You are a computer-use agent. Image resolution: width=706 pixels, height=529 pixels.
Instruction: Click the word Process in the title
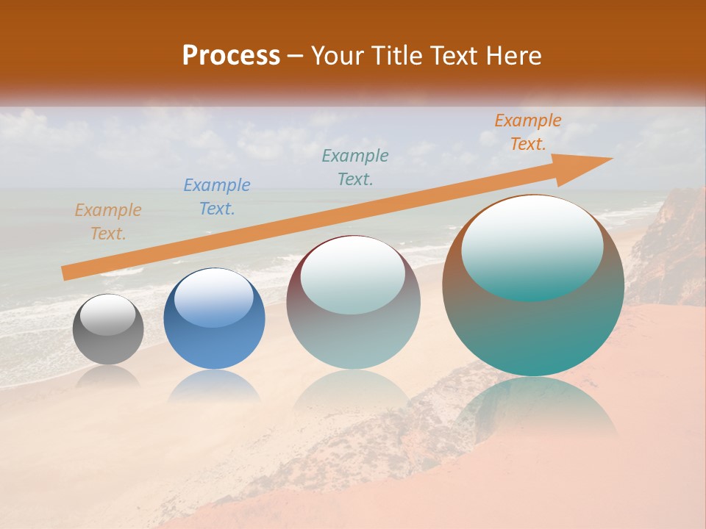(231, 56)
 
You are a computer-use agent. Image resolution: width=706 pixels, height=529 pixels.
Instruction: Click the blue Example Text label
(216, 197)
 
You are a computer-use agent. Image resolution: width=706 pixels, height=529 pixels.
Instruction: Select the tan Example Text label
(108, 222)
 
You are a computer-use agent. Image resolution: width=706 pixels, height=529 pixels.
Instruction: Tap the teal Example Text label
(355, 167)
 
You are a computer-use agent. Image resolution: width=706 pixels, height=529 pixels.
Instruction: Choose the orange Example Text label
(527, 132)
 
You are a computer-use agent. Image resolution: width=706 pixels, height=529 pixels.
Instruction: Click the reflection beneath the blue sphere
(214, 385)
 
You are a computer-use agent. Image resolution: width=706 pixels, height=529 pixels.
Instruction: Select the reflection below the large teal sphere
(533, 408)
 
